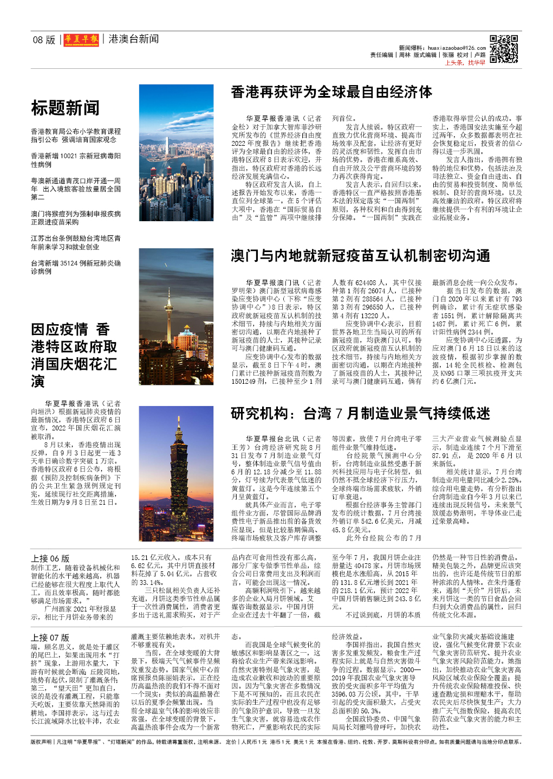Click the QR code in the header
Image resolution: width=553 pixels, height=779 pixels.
(x=504, y=49)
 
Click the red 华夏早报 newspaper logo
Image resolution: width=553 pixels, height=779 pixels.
(x=81, y=40)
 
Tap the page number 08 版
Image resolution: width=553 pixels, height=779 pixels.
(x=44, y=40)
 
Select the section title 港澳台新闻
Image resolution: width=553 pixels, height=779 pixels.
(x=133, y=39)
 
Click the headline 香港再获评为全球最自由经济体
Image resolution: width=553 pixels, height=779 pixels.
(x=331, y=92)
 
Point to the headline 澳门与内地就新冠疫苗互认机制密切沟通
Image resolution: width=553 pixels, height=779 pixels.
(x=360, y=256)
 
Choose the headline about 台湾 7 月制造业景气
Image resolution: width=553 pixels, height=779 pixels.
(x=360, y=414)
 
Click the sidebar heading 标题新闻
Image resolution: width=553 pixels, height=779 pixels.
(x=65, y=108)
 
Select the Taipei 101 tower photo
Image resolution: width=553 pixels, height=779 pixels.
(x=176, y=466)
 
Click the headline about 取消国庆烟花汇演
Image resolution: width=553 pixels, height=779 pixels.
(x=74, y=355)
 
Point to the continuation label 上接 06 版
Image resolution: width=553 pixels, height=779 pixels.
(x=50, y=558)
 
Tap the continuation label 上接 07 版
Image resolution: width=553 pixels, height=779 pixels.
(x=50, y=638)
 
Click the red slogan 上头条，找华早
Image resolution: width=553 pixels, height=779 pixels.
(x=465, y=63)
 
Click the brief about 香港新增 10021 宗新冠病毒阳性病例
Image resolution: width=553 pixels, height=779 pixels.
(x=76, y=160)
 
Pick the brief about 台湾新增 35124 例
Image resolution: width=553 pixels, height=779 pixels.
(x=76, y=267)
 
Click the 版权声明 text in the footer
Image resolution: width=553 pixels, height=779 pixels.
(x=42, y=742)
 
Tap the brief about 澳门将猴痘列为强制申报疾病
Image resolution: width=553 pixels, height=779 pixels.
(x=76, y=218)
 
